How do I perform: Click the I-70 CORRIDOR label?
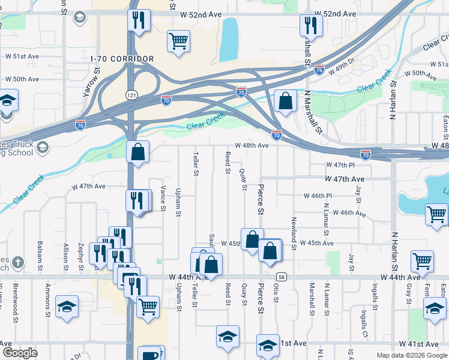(x=122, y=59)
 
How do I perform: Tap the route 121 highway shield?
(x=130, y=95)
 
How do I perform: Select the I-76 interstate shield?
(x=319, y=70)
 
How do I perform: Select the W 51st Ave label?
(x=22, y=56)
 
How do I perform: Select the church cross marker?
(x=18, y=262)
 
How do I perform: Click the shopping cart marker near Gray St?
(x=423, y=261)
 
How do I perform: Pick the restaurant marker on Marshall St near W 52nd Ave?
(x=311, y=25)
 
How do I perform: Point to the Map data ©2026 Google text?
(x=411, y=355)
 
